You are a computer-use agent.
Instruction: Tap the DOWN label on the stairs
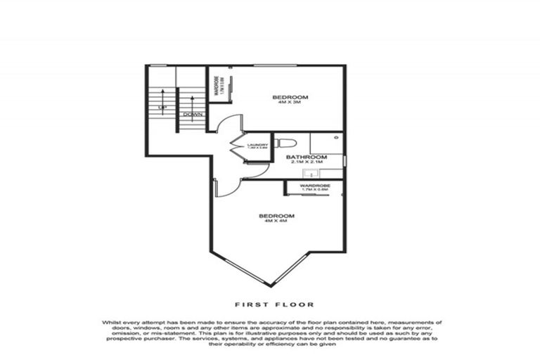[x=192, y=114]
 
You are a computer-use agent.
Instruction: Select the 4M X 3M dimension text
[x=290, y=102]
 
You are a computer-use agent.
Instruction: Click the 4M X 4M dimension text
[x=276, y=221]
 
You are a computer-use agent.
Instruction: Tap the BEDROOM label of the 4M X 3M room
[x=290, y=96]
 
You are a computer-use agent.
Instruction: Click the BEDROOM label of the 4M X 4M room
[x=276, y=215]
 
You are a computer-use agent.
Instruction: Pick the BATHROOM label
[x=307, y=157]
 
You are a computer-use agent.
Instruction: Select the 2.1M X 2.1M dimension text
[x=307, y=162]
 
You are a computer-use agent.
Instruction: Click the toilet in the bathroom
[x=285, y=143]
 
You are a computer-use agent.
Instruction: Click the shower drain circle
[x=335, y=139]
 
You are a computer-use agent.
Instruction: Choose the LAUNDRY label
[x=257, y=145]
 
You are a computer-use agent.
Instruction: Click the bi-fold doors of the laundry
[x=237, y=147]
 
